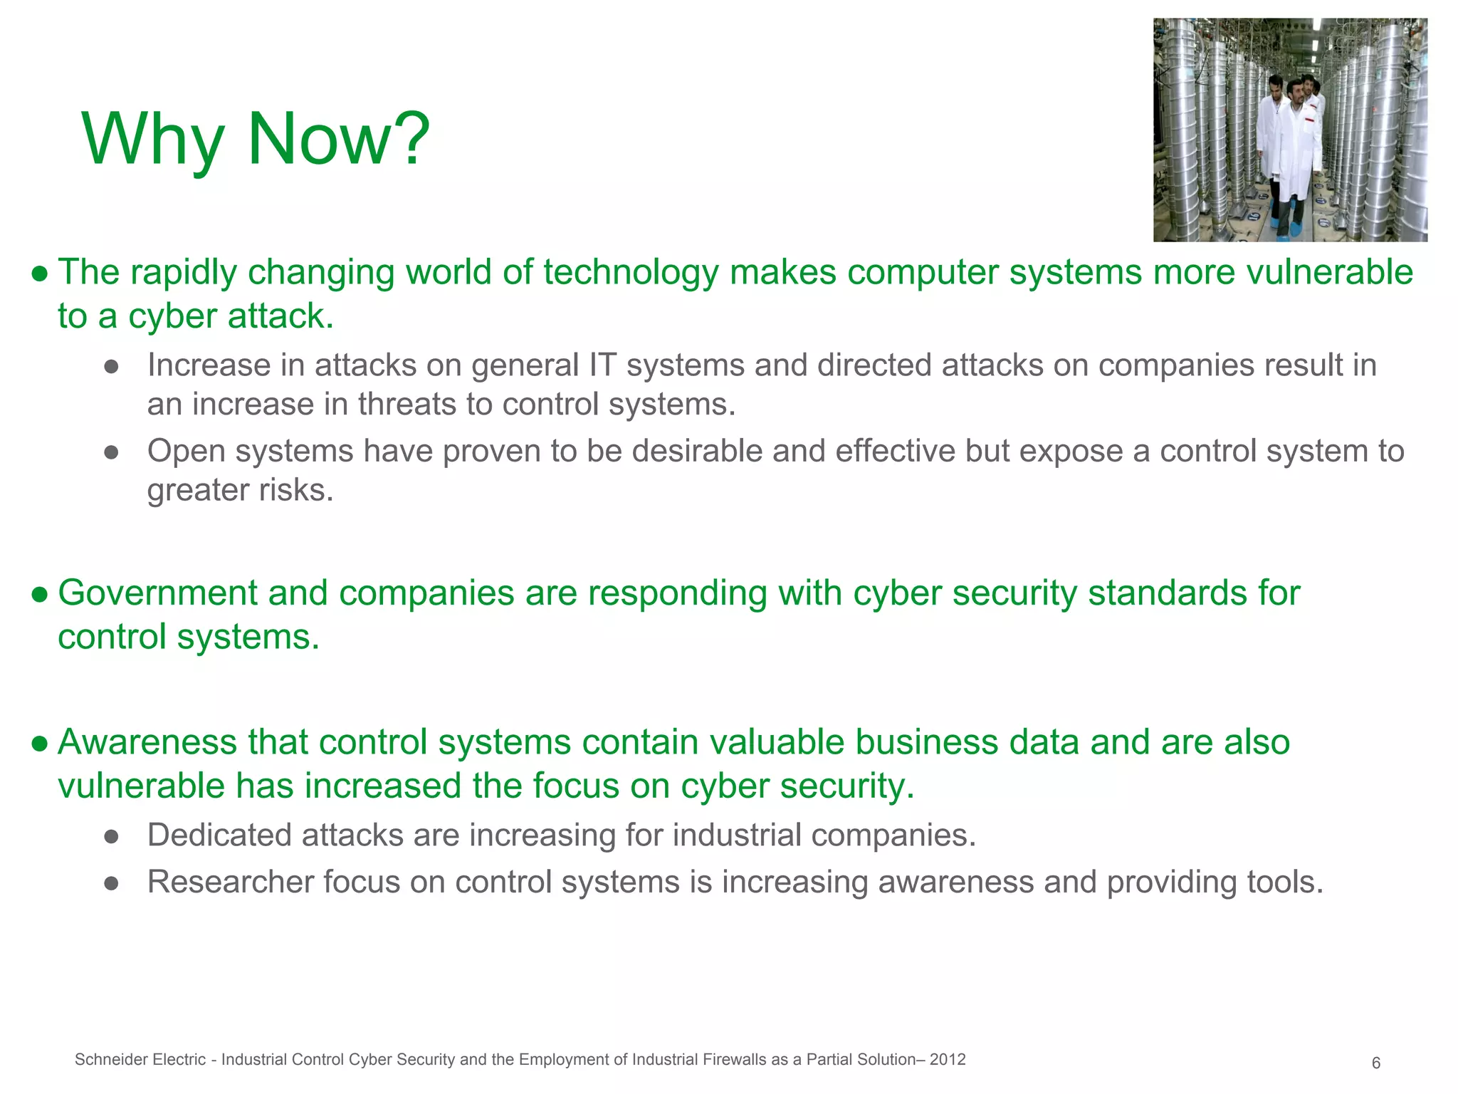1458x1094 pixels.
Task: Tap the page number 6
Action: click(x=1375, y=1063)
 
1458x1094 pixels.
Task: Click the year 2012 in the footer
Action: click(x=948, y=1060)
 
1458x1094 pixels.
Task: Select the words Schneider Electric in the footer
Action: click(x=140, y=1060)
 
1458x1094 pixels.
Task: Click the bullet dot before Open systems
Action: click(x=111, y=453)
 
